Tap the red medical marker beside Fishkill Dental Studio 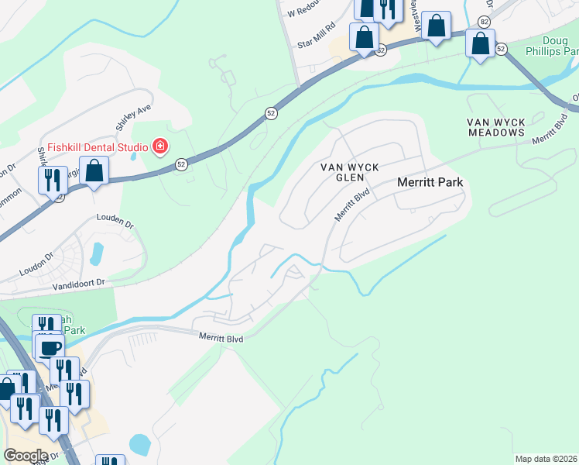(160, 146)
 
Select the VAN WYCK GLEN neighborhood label (341, 174)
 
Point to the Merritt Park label (430, 182)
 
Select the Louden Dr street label (115, 221)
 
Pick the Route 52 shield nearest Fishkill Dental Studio (180, 164)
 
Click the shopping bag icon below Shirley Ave (94, 171)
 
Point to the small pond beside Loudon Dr (96, 253)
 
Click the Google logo (26, 456)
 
